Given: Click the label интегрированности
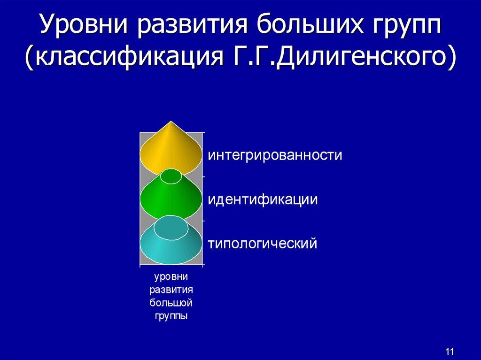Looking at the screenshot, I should point(275,155).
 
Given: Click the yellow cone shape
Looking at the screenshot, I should point(171,150).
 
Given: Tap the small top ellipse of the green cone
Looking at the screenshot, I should point(171,176).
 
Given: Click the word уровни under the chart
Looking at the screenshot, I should point(171,276).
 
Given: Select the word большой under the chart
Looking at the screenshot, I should point(171,303).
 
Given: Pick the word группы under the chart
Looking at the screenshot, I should point(171,316).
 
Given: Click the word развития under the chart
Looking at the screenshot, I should point(171,290).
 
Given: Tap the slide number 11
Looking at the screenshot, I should point(449,352).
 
